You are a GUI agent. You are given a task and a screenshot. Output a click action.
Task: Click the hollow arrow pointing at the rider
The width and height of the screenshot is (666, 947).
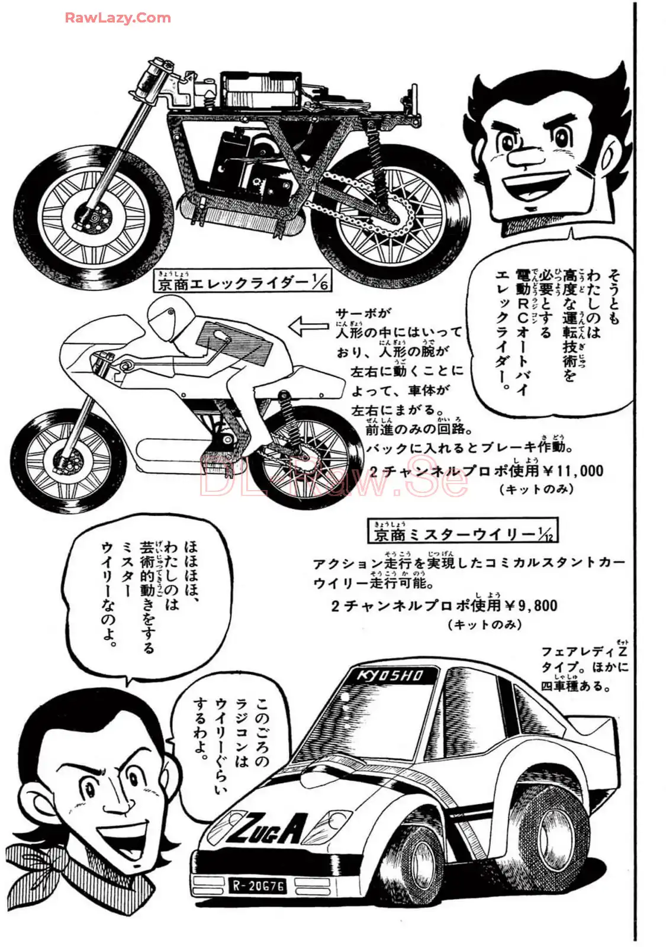click(308, 325)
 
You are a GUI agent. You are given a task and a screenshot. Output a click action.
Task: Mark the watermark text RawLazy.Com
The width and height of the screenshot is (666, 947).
click(118, 18)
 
